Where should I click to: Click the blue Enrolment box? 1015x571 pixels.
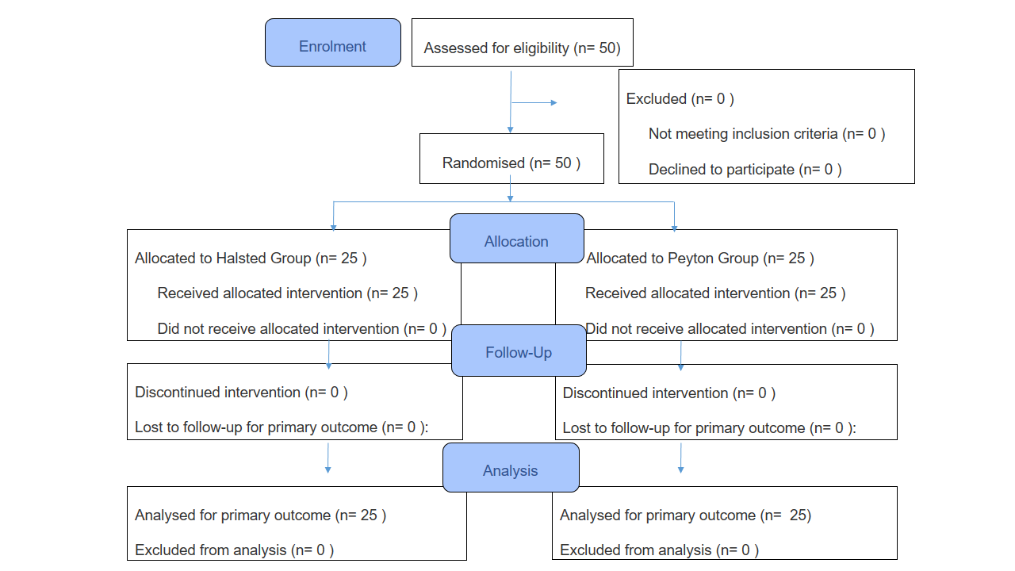pyautogui.click(x=333, y=43)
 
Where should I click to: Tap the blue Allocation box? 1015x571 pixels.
pyautogui.click(x=517, y=239)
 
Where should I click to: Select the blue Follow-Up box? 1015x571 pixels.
pyautogui.click(x=519, y=351)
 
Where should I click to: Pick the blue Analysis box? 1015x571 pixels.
pyautogui.click(x=511, y=467)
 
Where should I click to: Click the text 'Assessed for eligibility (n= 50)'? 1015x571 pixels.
pyautogui.click(x=522, y=48)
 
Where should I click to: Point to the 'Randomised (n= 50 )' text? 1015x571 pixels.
pyautogui.click(x=511, y=163)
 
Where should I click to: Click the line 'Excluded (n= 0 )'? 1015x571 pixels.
pyautogui.click(x=680, y=99)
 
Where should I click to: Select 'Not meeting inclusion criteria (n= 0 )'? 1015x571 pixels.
pyautogui.click(x=767, y=134)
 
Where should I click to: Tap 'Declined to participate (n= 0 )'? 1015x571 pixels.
pyautogui.click(x=745, y=170)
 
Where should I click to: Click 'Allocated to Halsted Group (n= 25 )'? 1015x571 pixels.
pyautogui.click(x=251, y=259)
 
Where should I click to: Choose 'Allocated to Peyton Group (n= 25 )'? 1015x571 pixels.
pyautogui.click(x=700, y=259)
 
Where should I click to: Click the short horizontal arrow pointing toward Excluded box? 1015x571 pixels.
pyautogui.click(x=534, y=103)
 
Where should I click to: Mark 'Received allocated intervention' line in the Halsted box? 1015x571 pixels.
pyautogui.click(x=287, y=293)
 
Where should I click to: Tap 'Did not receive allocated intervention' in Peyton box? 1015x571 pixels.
pyautogui.click(x=730, y=328)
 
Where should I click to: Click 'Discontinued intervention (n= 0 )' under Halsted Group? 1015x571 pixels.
pyautogui.click(x=241, y=393)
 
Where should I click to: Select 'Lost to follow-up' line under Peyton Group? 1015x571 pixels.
pyautogui.click(x=709, y=428)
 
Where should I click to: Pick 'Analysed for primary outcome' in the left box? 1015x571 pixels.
pyautogui.click(x=260, y=515)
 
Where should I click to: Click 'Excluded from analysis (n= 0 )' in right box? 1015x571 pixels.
pyautogui.click(x=659, y=550)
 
